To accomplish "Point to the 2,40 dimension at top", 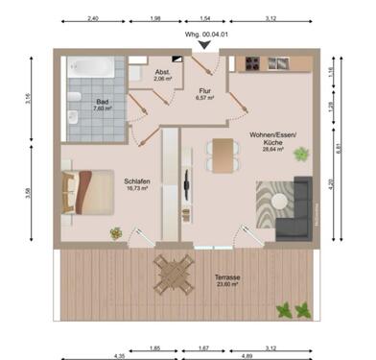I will (x=93, y=18).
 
